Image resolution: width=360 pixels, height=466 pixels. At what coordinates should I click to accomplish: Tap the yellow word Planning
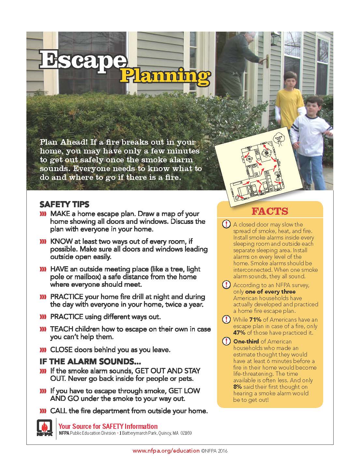click(x=165, y=76)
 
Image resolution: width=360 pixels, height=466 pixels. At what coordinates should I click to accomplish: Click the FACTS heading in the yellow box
click(x=270, y=211)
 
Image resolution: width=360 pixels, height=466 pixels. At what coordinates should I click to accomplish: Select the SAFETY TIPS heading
click(x=64, y=205)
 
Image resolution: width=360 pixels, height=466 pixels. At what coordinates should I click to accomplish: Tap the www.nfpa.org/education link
click(x=166, y=451)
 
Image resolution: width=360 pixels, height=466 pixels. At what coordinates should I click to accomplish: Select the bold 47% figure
click(x=239, y=333)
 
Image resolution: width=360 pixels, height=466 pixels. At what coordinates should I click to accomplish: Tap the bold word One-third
click(x=246, y=342)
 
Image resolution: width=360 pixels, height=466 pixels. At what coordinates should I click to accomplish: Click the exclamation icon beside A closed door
click(x=225, y=224)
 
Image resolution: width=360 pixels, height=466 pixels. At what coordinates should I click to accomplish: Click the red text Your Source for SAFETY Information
click(x=108, y=426)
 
